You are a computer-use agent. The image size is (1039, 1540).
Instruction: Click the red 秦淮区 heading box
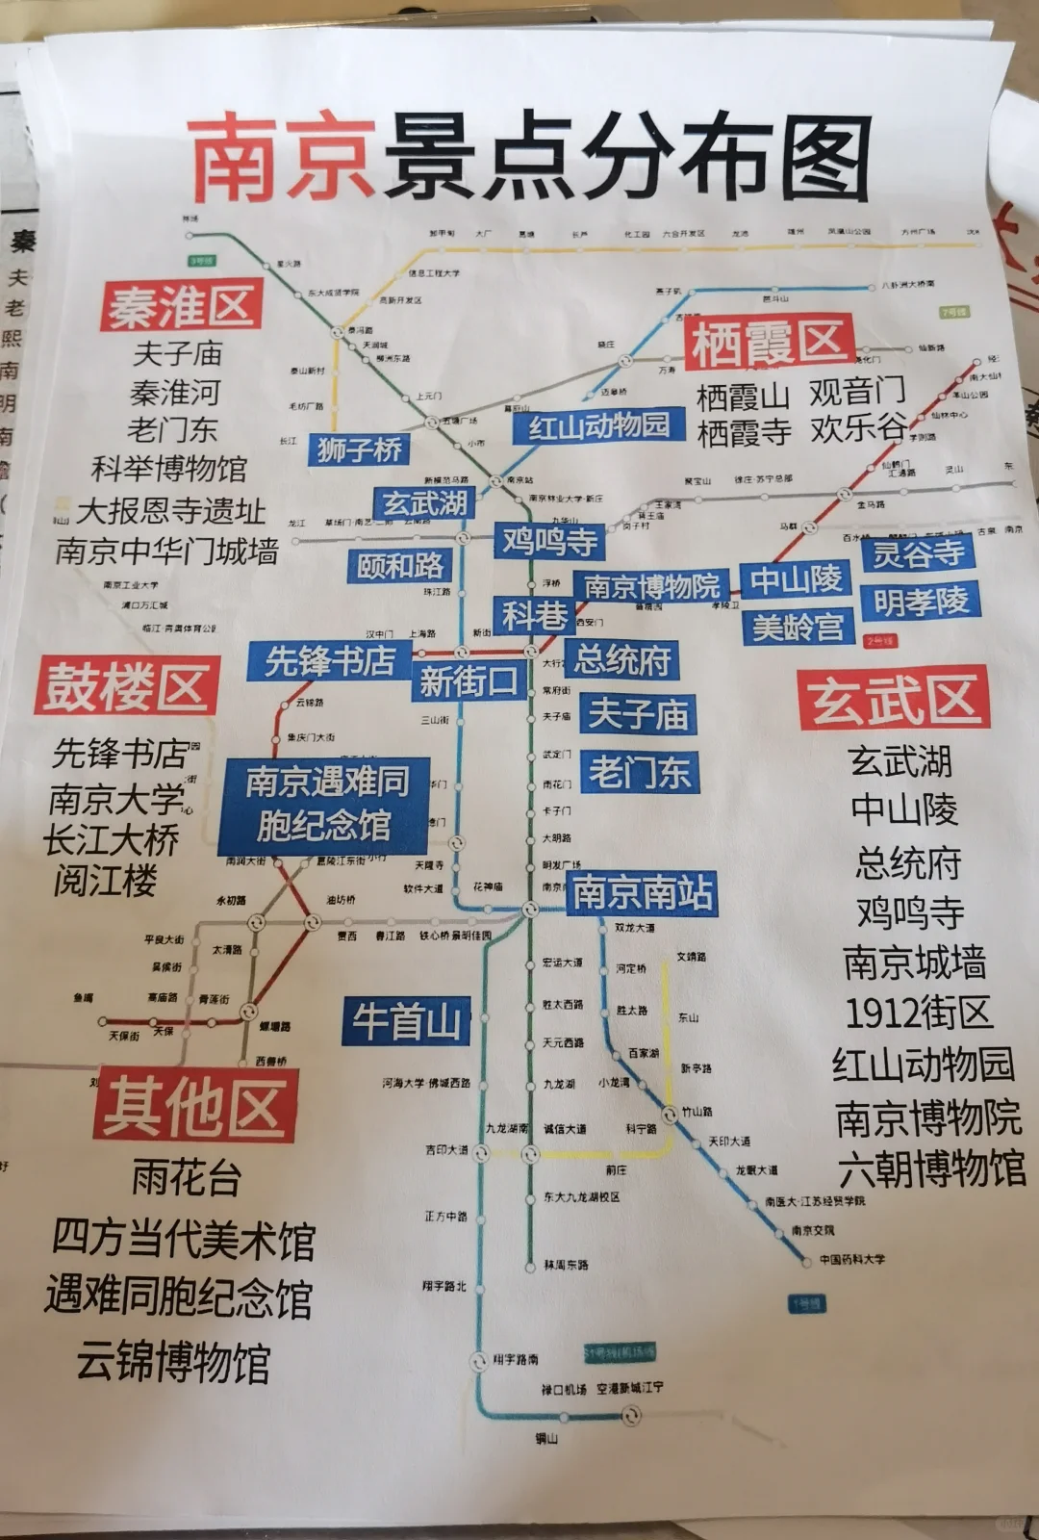coord(181,306)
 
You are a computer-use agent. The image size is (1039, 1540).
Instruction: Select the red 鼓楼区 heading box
coord(126,686)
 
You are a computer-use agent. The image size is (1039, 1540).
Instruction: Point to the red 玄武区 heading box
coord(893,698)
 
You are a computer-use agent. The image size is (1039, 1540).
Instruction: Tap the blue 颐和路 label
coord(400,566)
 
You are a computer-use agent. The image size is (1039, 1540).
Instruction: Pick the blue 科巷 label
coord(534,614)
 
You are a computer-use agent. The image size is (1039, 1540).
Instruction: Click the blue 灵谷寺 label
coord(918,553)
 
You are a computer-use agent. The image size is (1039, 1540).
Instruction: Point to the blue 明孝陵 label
coord(921,601)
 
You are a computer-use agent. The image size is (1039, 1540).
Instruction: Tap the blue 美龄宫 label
coord(798,627)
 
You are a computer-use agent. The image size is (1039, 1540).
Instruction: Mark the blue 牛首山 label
coord(406,1020)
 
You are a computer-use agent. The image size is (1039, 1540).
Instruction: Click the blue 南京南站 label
coord(642,892)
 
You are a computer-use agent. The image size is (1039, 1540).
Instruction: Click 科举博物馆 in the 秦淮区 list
coord(169,469)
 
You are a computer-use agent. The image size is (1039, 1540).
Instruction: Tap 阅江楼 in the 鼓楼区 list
coord(105,880)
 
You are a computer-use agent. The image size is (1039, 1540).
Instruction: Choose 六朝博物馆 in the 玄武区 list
coord(931,1169)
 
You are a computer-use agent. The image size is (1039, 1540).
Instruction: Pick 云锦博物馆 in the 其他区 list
coord(173,1362)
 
